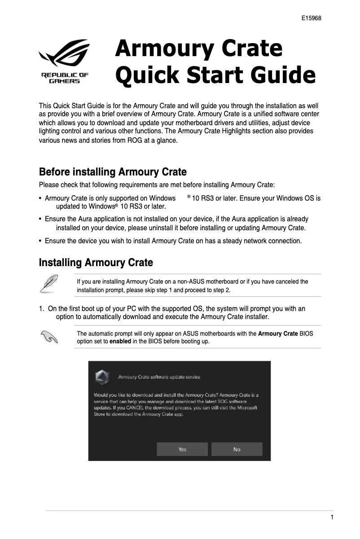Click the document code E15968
311,19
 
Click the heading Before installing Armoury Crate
113,172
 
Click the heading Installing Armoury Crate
96,263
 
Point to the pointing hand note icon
48,337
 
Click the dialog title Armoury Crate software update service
159,377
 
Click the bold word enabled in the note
120,341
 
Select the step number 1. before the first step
42,309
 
